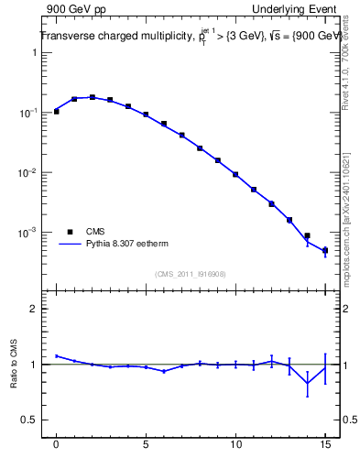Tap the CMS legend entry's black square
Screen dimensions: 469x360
point(68,232)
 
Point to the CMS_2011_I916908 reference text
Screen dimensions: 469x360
point(191,273)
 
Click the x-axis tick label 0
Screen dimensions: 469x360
point(57,445)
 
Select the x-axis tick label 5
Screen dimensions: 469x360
point(146,445)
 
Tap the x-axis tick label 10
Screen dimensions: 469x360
point(235,445)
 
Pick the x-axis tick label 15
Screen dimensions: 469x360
point(325,445)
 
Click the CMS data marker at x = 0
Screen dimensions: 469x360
point(57,112)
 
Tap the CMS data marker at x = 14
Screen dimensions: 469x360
point(307,235)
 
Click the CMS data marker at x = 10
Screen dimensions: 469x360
point(235,174)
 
